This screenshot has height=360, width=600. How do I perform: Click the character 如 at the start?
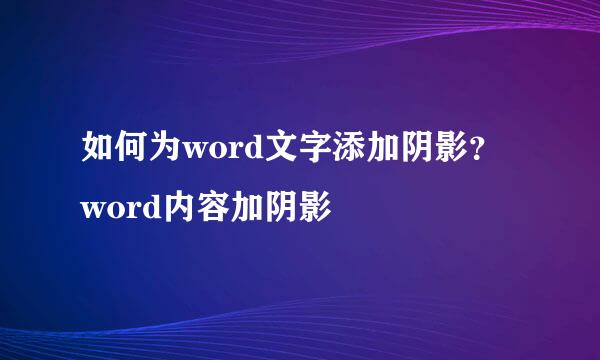tap(97, 152)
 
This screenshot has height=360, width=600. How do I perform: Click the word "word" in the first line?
tap(218, 154)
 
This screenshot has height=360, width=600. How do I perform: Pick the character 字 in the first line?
tap(306, 152)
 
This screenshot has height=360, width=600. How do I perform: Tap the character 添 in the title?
tap(338, 152)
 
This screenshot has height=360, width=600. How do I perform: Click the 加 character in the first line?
tap(370, 152)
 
